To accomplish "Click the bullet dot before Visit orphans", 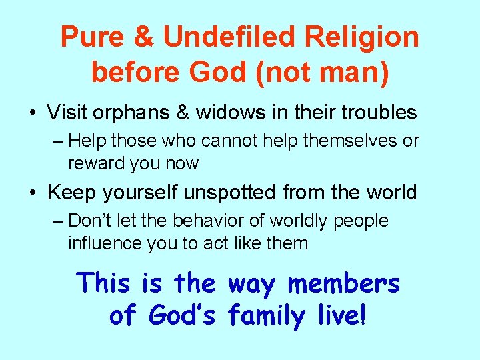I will pos(33,113).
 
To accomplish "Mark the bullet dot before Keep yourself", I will pos(33,193).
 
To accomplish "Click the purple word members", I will pos(344,283).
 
